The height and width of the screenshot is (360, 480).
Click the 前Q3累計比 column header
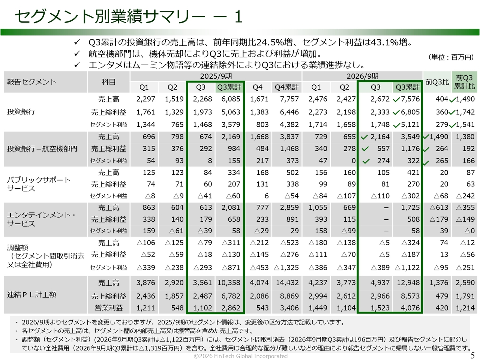464,82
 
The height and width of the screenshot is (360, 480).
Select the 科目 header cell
108,82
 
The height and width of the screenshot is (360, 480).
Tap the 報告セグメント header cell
45,82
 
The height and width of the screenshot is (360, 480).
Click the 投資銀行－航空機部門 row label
42,148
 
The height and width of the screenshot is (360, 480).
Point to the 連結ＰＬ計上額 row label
31,295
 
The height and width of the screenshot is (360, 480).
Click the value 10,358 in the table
229,283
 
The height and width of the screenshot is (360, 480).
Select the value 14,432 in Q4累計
287,283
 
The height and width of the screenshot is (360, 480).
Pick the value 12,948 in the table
408,283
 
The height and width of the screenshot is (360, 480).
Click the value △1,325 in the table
286,267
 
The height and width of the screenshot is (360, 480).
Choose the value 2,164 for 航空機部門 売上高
380,137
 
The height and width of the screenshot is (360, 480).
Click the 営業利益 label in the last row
108,308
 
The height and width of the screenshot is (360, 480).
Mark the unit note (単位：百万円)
451,57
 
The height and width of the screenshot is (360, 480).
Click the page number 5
472,355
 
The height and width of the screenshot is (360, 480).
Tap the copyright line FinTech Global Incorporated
240,356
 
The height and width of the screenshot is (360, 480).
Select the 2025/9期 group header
216,76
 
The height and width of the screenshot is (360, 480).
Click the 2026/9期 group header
362,76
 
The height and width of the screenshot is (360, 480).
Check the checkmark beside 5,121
396,126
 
